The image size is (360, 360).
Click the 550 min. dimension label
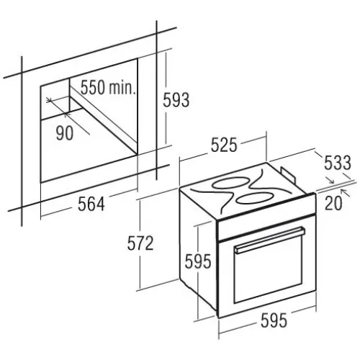tap(108, 88)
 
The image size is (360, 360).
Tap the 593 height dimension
tap(176, 100)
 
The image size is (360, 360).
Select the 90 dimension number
tap(65, 133)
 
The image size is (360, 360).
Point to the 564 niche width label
tap(91, 204)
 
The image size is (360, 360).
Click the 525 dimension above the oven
tap(224, 145)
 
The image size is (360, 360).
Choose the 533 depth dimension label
tap(338, 163)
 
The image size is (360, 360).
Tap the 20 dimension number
tap(333, 203)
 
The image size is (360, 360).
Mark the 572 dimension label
tap(140, 243)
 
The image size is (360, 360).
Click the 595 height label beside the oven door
tap(198, 261)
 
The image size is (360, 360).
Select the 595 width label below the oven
tap(274, 320)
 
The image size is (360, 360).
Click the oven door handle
tap(270, 240)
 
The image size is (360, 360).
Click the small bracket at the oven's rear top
tap(288, 174)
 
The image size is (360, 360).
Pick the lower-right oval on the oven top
tap(253, 197)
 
